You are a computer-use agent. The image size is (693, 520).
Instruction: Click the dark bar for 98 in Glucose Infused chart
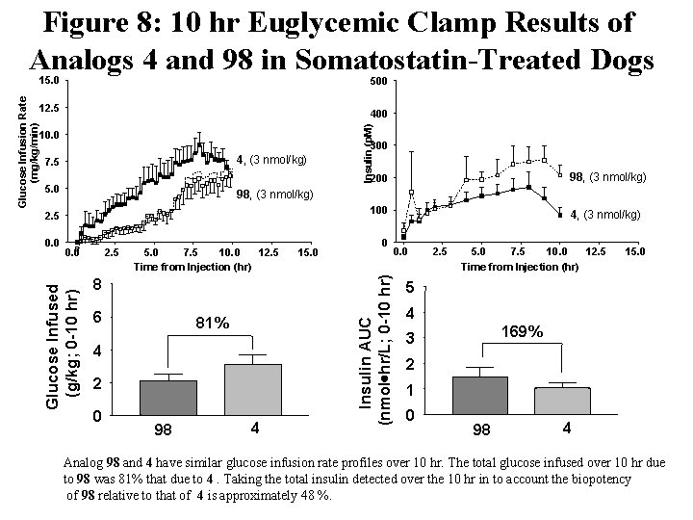point(167,398)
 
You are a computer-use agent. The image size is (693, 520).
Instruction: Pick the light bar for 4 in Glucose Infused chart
point(252,389)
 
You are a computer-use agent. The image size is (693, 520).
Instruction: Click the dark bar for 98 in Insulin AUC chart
point(478,395)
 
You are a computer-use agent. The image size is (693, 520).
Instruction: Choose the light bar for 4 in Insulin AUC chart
point(562,401)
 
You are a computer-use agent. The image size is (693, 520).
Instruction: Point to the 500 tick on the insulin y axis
point(378,82)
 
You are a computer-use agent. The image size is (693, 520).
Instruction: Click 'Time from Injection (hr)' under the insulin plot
point(519,266)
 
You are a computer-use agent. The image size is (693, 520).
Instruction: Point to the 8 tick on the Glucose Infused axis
point(96,285)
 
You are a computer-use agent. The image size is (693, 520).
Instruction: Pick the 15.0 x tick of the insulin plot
point(634,251)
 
